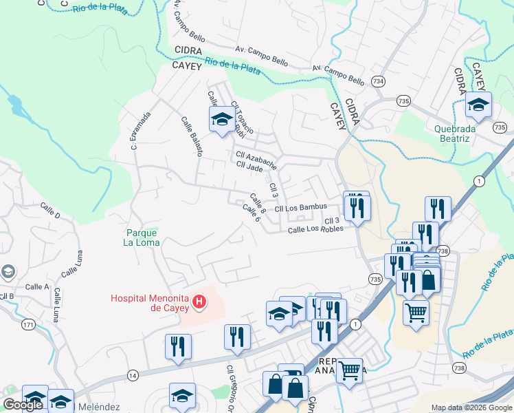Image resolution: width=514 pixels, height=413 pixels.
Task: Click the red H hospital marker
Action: [199, 301]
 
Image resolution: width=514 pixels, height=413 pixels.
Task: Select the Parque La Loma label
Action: [142, 237]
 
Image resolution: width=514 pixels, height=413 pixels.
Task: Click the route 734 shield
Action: [377, 81]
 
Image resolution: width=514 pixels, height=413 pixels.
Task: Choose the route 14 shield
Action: [133, 375]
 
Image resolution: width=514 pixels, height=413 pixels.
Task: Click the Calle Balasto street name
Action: [191, 136]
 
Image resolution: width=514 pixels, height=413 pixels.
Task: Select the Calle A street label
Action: [36, 286]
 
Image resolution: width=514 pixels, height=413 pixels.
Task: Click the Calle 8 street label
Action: [258, 202]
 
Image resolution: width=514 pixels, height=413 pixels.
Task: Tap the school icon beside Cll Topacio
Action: [222, 120]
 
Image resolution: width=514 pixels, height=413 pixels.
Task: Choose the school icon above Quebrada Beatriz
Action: [478, 105]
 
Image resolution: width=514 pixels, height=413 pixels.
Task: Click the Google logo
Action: [23, 405]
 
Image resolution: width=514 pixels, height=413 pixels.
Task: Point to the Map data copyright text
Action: [471, 407]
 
